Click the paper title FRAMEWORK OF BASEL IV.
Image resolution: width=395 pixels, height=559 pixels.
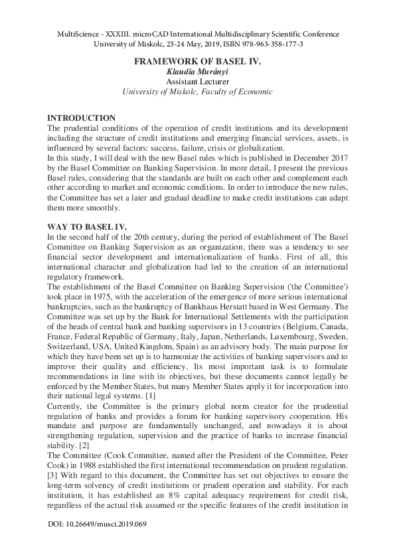[x=197, y=60]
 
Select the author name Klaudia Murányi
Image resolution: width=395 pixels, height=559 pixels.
[x=197, y=71]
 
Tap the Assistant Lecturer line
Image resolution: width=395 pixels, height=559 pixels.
[x=197, y=82]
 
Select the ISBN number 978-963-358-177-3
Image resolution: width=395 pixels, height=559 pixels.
[x=266, y=44]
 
